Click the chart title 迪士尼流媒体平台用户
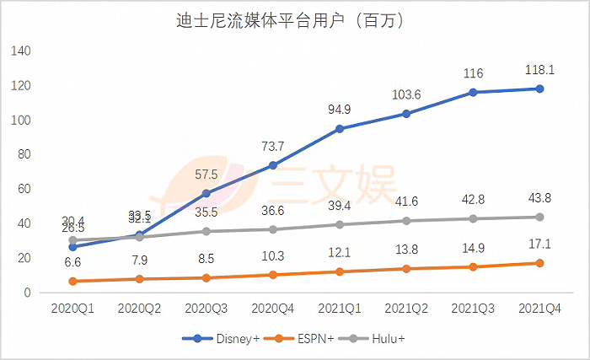(295, 21)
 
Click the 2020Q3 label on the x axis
(206, 309)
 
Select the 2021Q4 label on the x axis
(539, 309)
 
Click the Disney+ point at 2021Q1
(340, 129)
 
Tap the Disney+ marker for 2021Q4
(539, 89)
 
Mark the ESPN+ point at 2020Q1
(72, 281)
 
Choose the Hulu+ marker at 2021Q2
(406, 221)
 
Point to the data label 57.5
(206, 175)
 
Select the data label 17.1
(539, 245)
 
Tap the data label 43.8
(539, 199)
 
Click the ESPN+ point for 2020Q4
(272, 275)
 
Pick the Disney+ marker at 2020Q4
(272, 165)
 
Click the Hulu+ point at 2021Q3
(473, 218)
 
